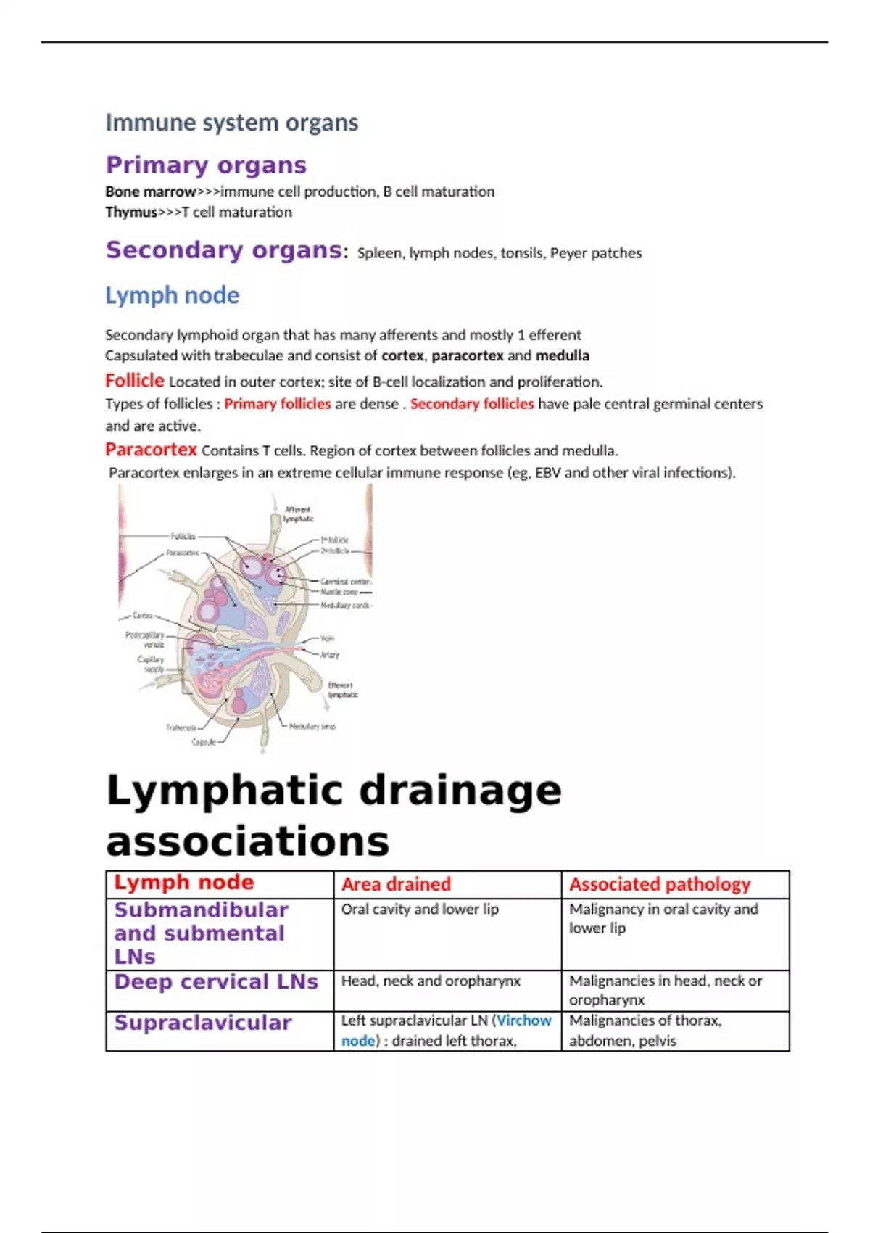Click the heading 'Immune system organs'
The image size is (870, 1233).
point(232,123)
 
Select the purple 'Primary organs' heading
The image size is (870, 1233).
point(206,165)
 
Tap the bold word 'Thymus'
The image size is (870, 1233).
point(131,212)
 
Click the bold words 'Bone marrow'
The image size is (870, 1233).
point(151,191)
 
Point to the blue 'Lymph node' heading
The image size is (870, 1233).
point(172,295)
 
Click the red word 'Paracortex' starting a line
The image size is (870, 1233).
point(151,450)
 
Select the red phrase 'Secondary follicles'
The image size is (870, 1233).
point(472,403)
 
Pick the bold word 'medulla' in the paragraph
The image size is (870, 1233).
point(562,355)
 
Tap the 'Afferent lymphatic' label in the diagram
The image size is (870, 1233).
point(298,514)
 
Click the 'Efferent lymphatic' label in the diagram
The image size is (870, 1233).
point(341,690)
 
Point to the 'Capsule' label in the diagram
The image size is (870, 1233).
point(204,742)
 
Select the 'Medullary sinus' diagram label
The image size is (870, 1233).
point(312,726)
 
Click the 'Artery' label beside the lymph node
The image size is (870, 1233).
point(330,654)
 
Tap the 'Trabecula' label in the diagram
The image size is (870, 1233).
point(181,727)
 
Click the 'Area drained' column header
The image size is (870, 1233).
point(396,884)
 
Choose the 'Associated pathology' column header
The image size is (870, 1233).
point(660,884)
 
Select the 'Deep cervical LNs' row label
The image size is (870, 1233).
point(216,981)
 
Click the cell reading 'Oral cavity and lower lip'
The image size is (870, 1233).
point(420,909)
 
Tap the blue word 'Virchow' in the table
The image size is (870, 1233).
point(524,1020)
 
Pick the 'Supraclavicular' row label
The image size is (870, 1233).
point(203,1023)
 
